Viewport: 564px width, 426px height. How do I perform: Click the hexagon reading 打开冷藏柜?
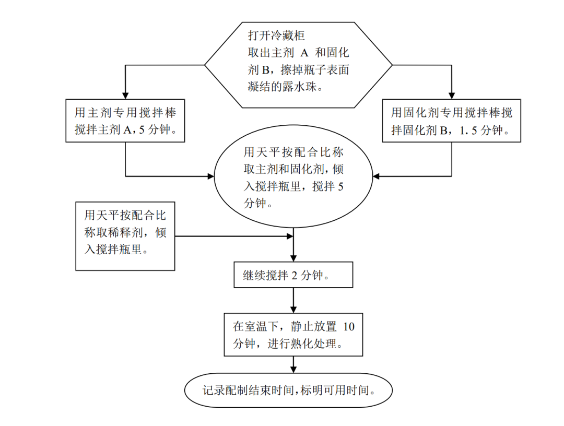tap(298, 65)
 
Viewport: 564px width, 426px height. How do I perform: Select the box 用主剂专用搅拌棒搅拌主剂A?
tap(125, 121)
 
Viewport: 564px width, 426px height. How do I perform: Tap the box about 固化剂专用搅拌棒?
tap(452, 121)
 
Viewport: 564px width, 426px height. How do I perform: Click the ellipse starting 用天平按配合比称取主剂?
tap(293, 177)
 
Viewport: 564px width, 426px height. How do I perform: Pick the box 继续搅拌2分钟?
tap(293, 275)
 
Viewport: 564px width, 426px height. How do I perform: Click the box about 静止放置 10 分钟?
tap(293, 335)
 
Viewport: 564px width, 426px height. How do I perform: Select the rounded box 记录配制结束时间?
tap(288, 390)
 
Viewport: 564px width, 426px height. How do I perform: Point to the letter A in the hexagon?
tap(305, 53)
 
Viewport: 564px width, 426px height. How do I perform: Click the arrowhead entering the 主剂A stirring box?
tap(125, 96)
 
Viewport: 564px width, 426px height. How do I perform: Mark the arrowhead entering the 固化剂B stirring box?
tap(452, 96)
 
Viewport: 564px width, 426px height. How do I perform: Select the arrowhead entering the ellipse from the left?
tap(211, 176)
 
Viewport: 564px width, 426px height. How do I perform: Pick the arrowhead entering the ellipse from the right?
tap(376, 176)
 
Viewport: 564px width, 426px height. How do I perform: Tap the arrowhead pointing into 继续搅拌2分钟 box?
tap(293, 259)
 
